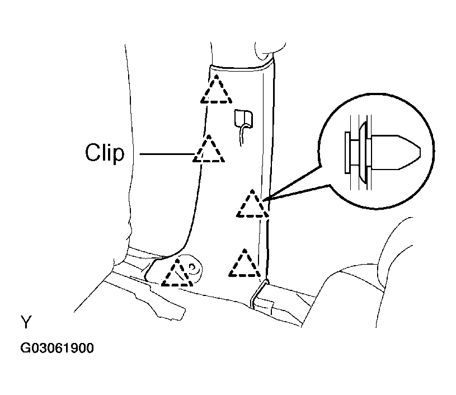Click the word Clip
pos(105,153)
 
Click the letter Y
pos(26,322)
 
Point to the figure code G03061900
pos(57,348)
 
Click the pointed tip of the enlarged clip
pos(420,152)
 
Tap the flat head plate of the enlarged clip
pos(347,153)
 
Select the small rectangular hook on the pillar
pos(244,119)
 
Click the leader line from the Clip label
pos(167,153)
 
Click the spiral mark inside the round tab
pos(193,268)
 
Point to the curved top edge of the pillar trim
pos(241,69)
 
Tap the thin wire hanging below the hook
pos(242,135)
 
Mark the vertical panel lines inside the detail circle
pos(361,153)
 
